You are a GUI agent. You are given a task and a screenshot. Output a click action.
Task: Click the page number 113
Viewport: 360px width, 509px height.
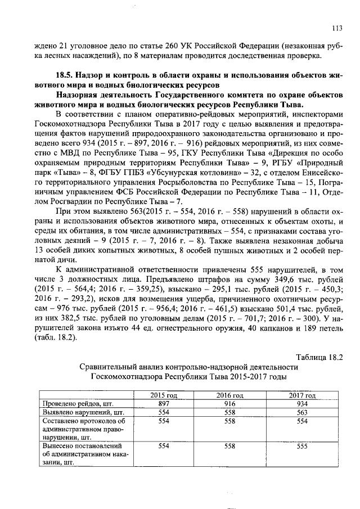(337, 28)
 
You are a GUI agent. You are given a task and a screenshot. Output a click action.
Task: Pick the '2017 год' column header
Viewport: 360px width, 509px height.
(302, 395)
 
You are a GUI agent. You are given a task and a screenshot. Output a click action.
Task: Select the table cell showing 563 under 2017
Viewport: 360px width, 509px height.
(302, 412)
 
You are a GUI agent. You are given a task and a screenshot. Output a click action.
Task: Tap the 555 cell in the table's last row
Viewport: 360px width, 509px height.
(302, 445)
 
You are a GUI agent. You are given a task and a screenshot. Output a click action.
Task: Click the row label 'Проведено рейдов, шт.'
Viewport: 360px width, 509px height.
(71, 404)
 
